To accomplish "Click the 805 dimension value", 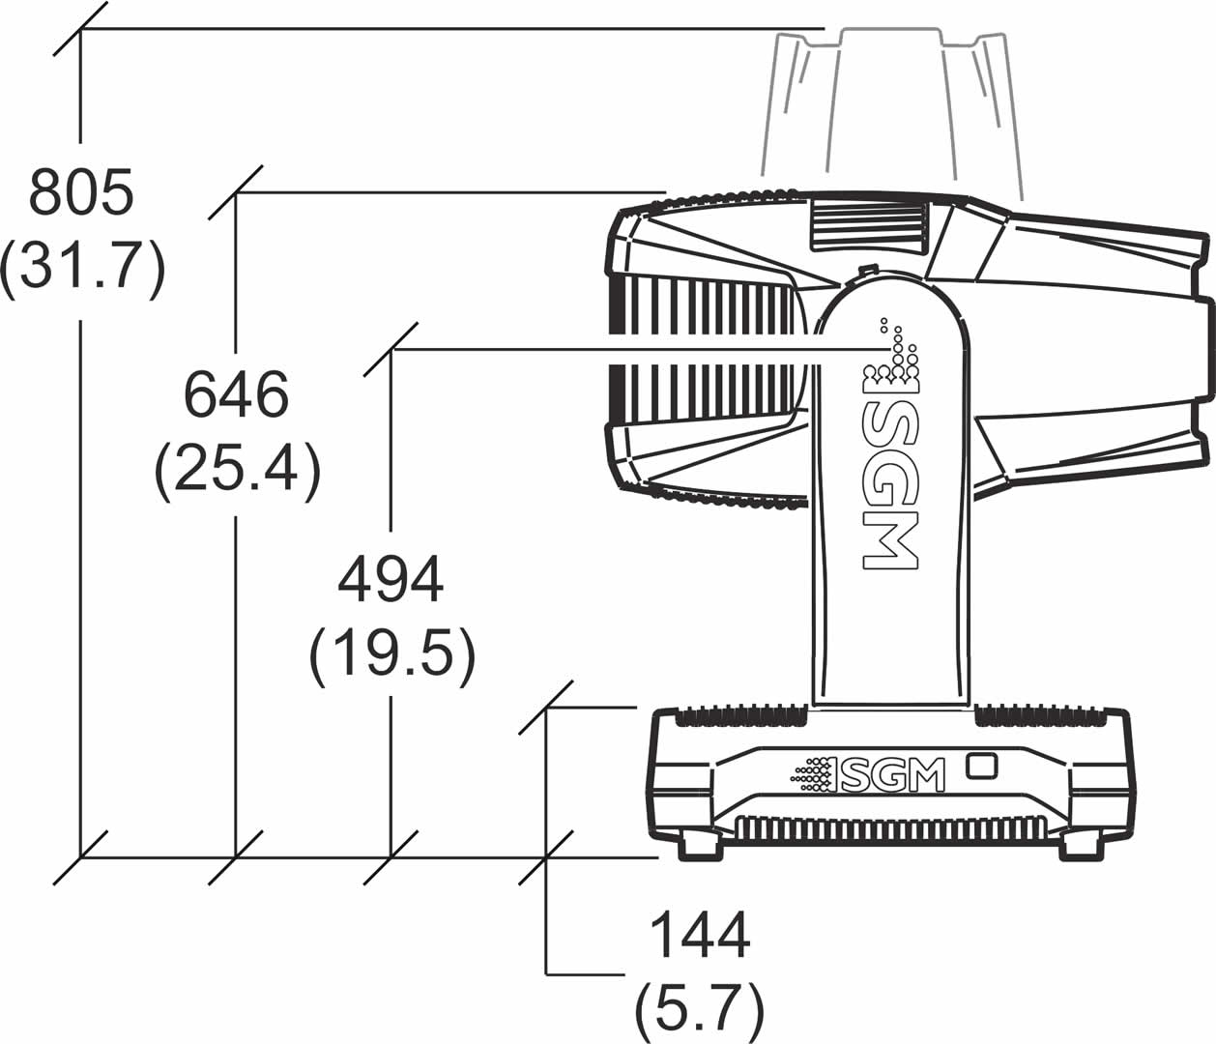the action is point(81,192).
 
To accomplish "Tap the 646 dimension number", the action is point(237,395).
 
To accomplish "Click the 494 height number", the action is point(391,580).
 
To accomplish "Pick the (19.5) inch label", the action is point(391,658).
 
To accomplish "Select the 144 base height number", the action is point(700,935).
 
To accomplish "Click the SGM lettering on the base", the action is point(891,775).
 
